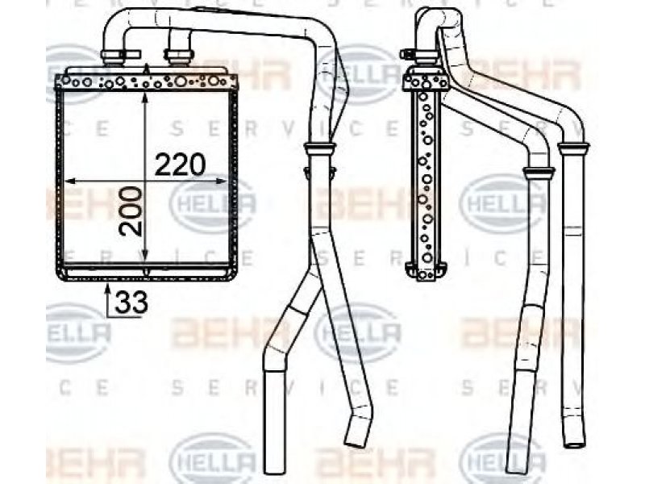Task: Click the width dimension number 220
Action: coord(180,165)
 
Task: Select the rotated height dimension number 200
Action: coord(131,211)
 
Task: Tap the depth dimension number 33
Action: coord(131,302)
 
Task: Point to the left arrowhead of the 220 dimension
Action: coord(71,181)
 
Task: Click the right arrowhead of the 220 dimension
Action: coord(222,181)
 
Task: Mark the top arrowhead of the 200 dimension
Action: coord(145,98)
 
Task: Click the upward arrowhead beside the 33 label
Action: coord(108,289)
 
